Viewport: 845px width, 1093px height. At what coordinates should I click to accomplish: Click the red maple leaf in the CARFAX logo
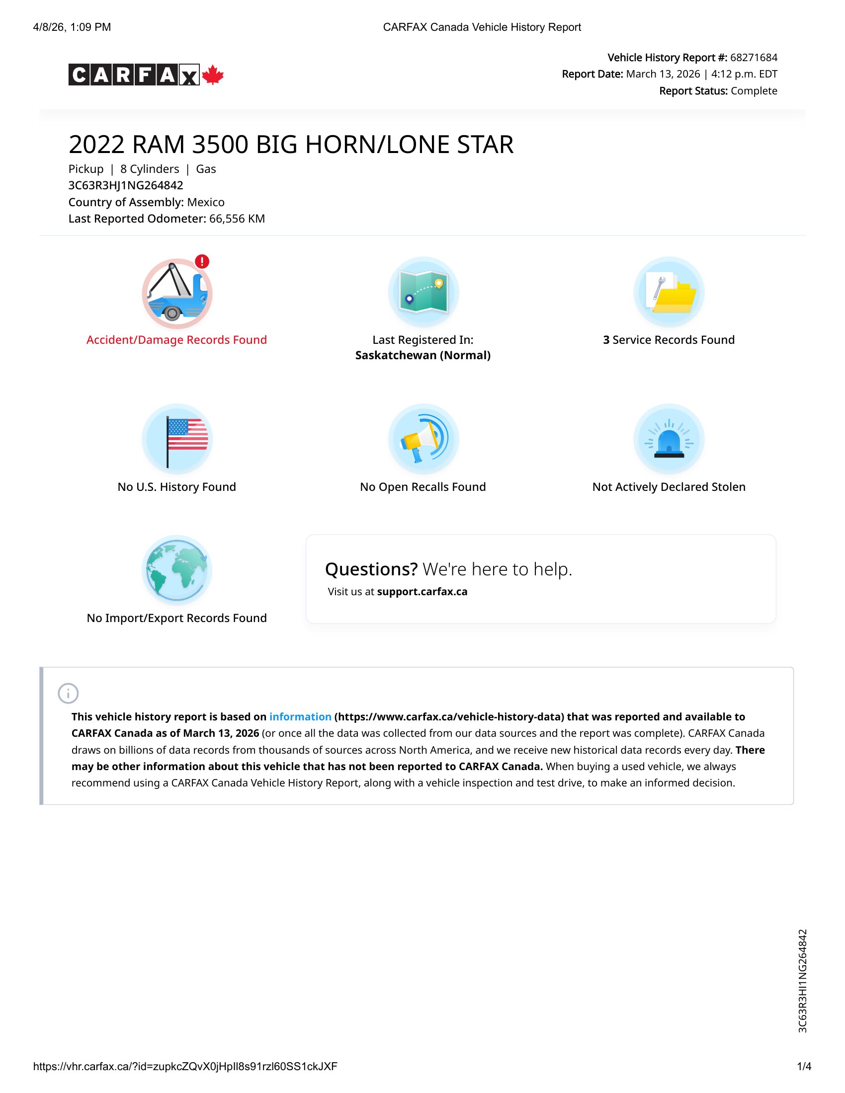pos(213,75)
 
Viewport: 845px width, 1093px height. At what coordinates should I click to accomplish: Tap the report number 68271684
pos(754,58)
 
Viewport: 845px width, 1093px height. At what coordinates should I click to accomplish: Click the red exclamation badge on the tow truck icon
pos(202,261)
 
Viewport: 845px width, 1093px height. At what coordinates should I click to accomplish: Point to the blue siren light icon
pos(669,439)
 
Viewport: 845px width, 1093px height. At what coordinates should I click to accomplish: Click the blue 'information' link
pos(300,716)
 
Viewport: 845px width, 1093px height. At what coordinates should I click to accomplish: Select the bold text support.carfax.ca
pos(422,592)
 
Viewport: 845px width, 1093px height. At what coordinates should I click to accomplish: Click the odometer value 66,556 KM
pos(237,219)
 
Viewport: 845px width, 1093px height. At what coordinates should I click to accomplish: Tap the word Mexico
pos(206,202)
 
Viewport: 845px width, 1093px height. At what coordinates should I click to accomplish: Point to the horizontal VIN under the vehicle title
pos(126,185)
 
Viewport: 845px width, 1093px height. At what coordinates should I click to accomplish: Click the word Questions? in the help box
pos(371,569)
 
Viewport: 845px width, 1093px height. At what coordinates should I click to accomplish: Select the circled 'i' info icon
pos(68,694)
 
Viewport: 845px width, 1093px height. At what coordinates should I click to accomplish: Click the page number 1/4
pos(804,1067)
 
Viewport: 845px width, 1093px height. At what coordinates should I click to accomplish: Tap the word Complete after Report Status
pos(754,91)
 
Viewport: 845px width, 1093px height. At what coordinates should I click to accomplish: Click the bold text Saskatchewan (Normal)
pos(423,355)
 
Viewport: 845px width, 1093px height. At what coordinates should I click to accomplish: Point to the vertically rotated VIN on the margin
pos(802,981)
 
